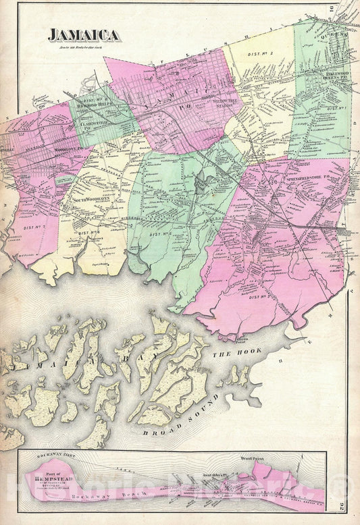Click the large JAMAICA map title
[x=84, y=35]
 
